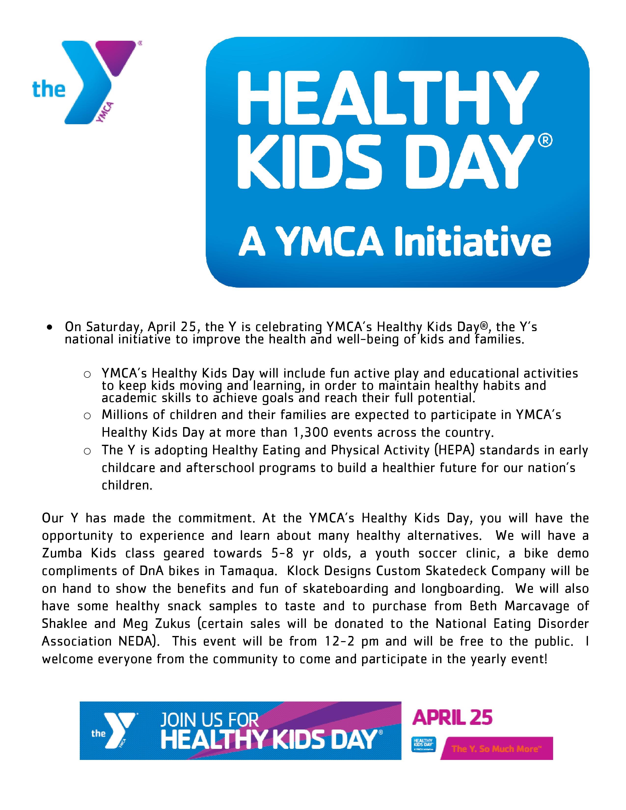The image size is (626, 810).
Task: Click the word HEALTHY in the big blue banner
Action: tap(388, 97)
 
